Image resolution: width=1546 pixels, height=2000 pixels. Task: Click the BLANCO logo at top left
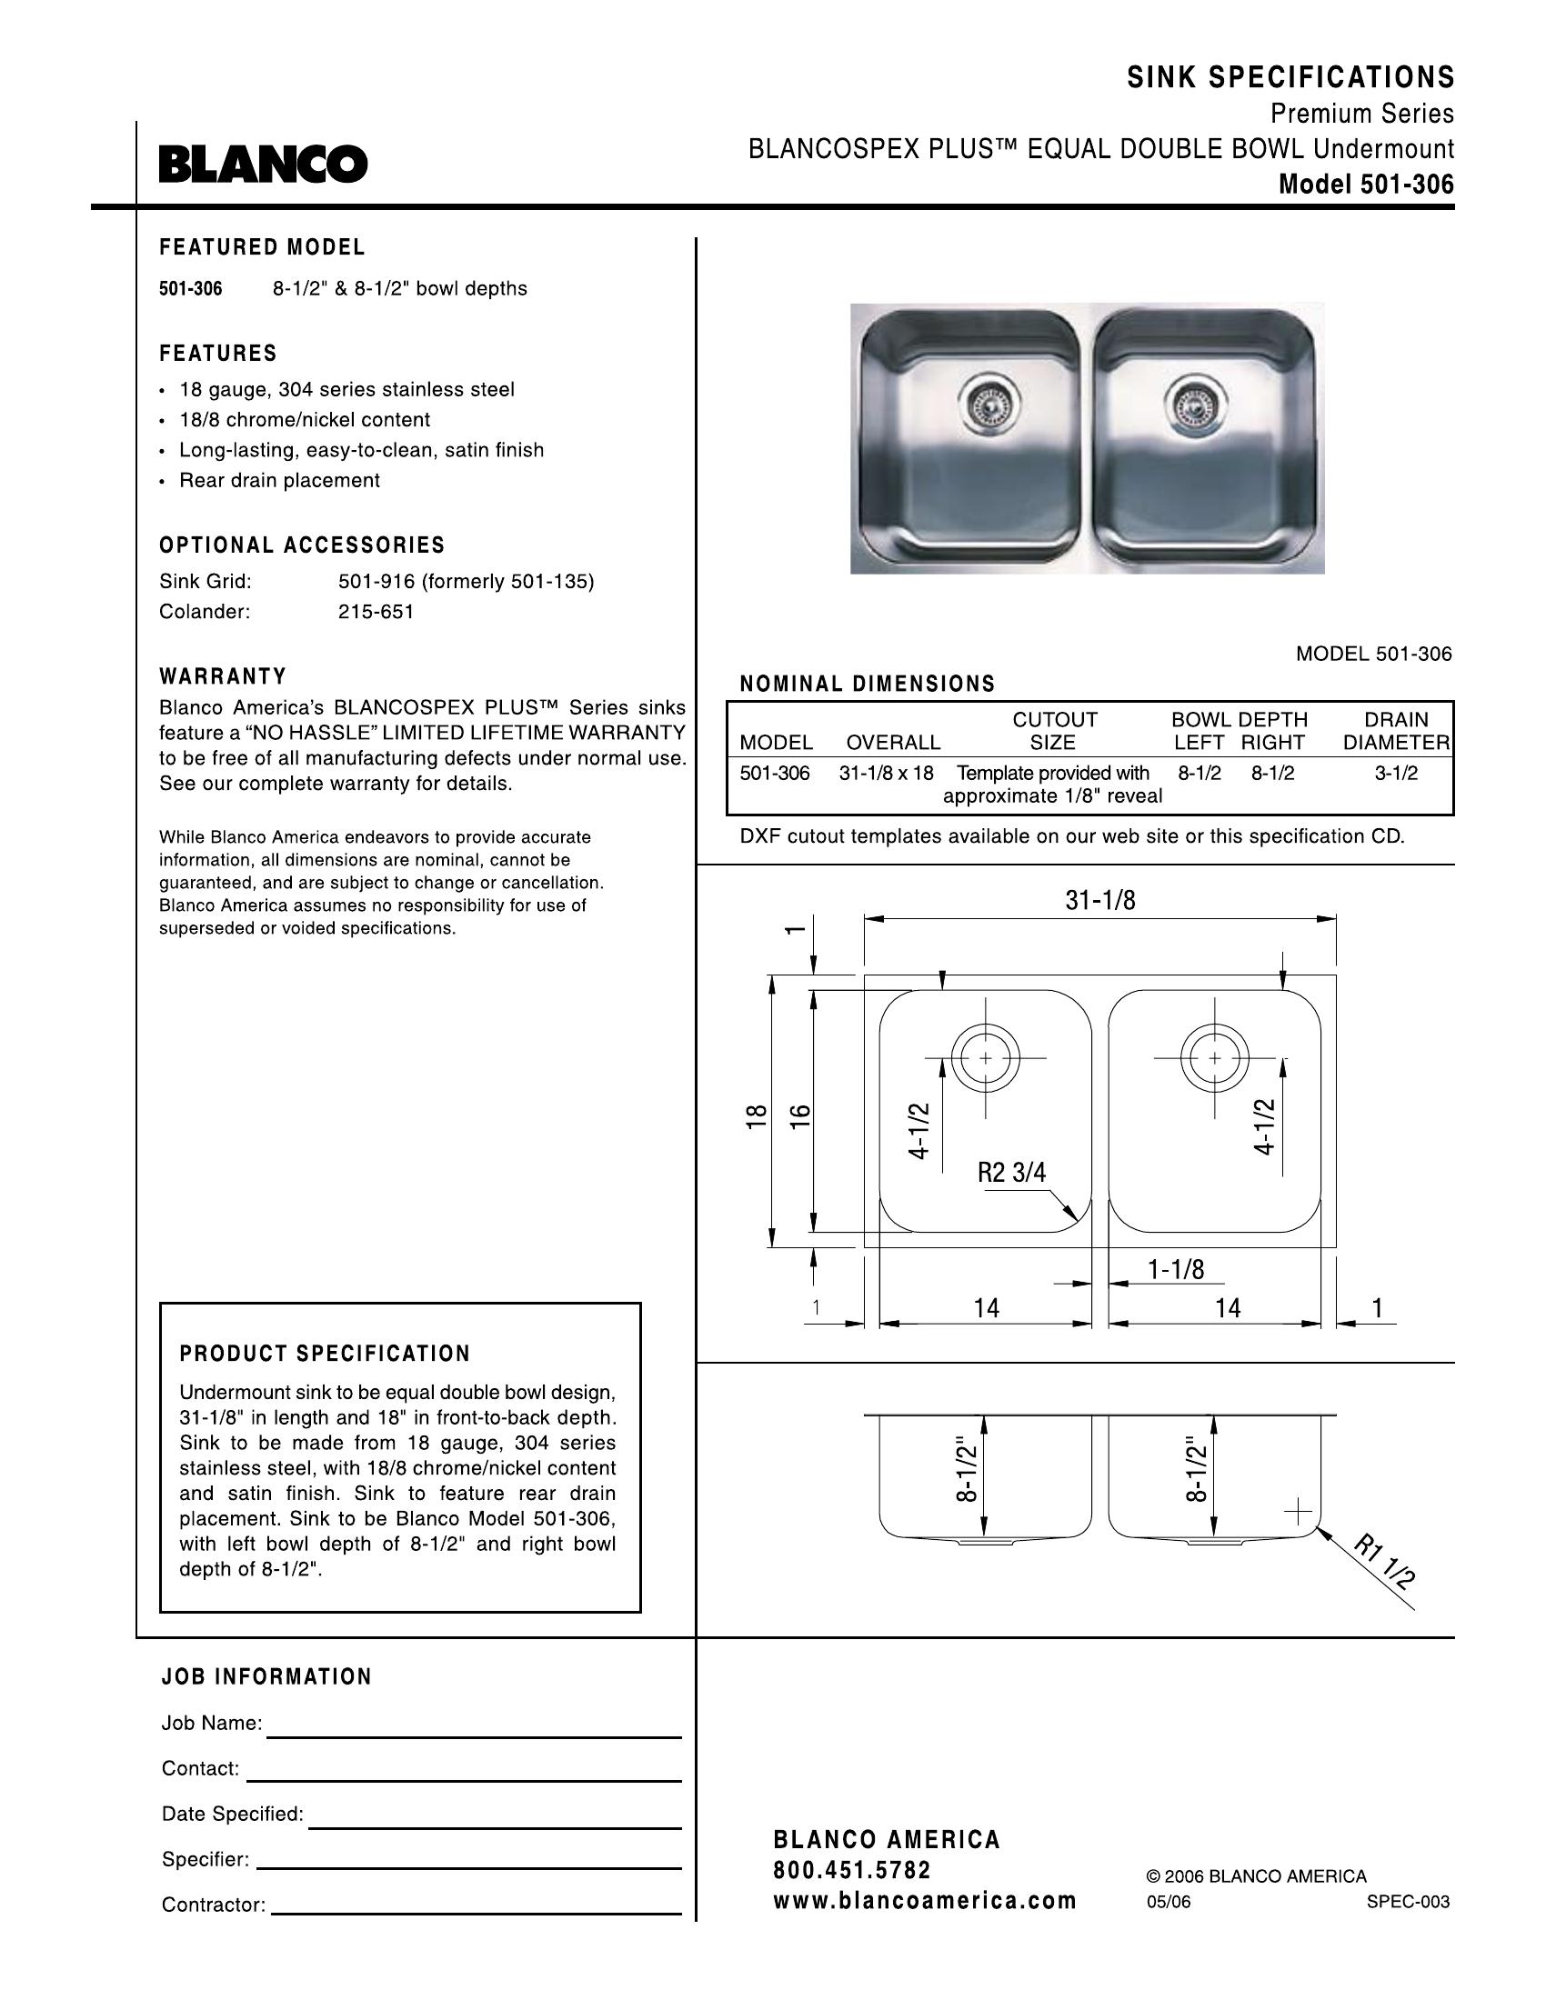point(263,164)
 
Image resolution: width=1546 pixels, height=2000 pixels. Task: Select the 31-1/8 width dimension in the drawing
point(1100,901)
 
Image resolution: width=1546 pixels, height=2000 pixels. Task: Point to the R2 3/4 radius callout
point(1011,1172)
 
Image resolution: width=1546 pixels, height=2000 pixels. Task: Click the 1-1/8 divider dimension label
point(1176,1268)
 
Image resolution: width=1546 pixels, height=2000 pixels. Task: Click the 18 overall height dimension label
point(756,1115)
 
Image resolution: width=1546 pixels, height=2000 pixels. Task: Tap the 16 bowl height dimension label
point(800,1115)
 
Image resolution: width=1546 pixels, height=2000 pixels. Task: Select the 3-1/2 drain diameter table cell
point(1395,773)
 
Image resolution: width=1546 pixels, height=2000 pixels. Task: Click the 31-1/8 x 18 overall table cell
point(886,773)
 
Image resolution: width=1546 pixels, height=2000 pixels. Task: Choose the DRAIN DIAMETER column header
point(1396,731)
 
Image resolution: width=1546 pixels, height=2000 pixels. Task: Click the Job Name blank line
point(474,1728)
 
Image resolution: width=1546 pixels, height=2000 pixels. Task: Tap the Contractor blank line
point(477,1905)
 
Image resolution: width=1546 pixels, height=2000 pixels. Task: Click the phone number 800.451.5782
point(852,1870)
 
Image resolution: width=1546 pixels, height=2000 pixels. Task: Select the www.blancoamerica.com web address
point(924,1900)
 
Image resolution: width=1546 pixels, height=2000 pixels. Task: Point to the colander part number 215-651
point(376,612)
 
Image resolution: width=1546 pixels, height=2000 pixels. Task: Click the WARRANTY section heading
point(223,676)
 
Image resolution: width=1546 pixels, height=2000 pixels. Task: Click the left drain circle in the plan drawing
point(985,1058)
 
